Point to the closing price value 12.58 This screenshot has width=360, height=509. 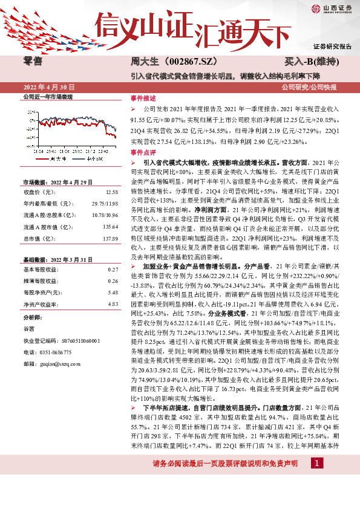coord(111,192)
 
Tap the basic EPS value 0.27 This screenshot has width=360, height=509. coord(112,269)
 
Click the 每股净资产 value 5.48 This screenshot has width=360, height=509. coord(112,293)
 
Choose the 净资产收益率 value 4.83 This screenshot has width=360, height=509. coord(112,304)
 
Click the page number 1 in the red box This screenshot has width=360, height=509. coord(316,479)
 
